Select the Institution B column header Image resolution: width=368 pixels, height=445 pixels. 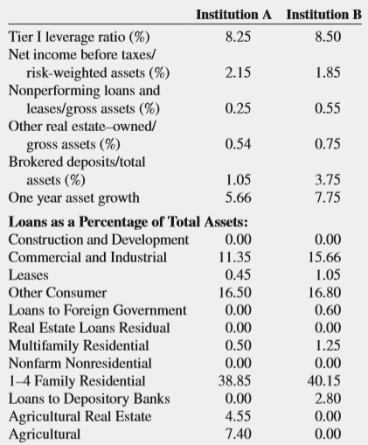[323, 14]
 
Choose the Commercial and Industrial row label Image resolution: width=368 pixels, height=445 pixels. [87, 257]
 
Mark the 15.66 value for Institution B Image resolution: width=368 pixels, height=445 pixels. [324, 257]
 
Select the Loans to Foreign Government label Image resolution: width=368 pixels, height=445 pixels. [97, 310]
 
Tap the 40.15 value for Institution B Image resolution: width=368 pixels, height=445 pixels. [324, 381]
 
